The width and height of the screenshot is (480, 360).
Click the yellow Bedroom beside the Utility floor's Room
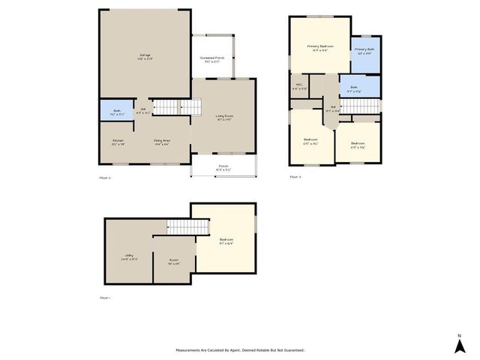pyautogui.click(x=226, y=241)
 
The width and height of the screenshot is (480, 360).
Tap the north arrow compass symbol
pyautogui.click(x=459, y=346)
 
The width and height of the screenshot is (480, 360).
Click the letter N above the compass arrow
pyautogui.click(x=459, y=334)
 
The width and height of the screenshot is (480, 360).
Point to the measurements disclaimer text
pyautogui.click(x=240, y=349)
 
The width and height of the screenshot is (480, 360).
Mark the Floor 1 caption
pyautogui.click(x=105, y=298)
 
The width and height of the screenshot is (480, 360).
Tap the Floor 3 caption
pyautogui.click(x=295, y=177)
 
